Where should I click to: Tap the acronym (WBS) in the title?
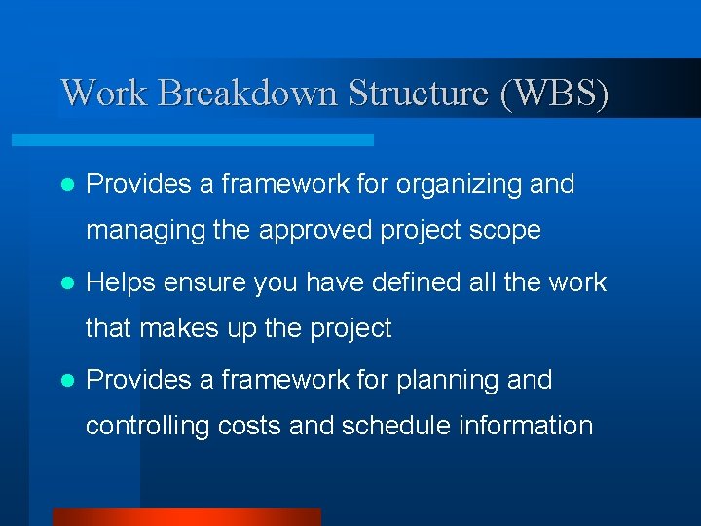(554, 93)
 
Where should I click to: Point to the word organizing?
(457, 184)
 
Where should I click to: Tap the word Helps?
(122, 282)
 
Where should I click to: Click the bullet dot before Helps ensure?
(67, 283)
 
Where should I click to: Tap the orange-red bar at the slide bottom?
(186, 517)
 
